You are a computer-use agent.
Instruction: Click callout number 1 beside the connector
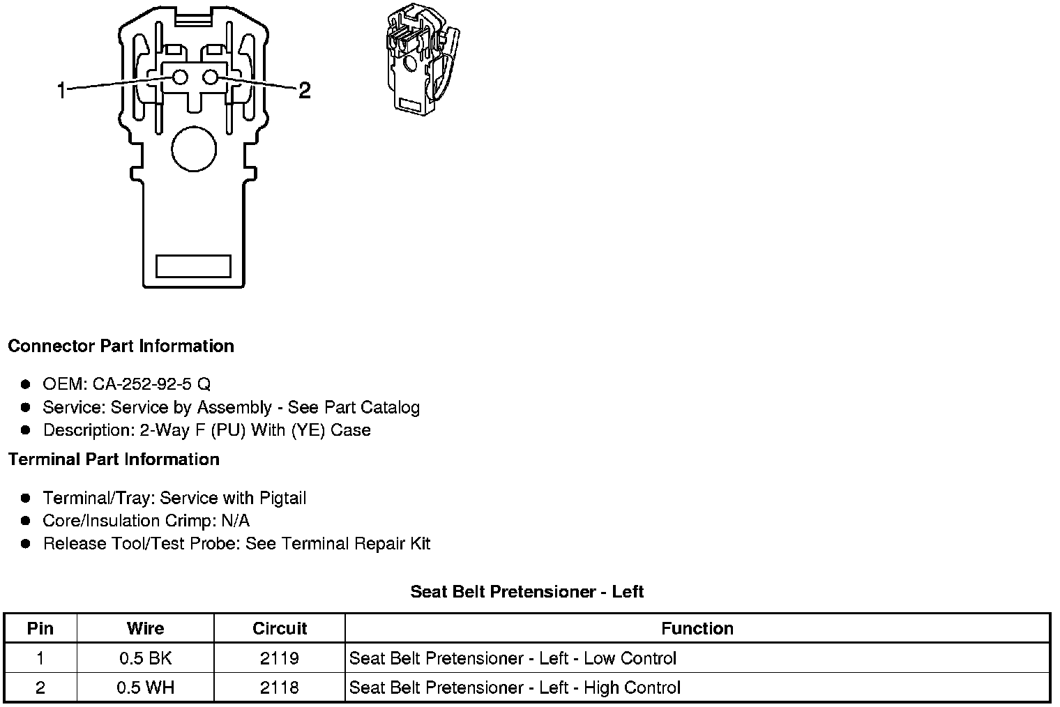coord(61,90)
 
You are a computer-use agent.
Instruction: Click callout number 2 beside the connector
coord(304,90)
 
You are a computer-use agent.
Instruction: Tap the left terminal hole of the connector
coord(180,77)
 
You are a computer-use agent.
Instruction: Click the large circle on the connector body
coord(194,149)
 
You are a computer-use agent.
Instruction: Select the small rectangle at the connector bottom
coord(193,266)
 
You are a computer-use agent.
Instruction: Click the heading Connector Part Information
coord(121,347)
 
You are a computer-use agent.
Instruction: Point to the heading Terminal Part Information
coord(114,459)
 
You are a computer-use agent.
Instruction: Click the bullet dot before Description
coord(26,430)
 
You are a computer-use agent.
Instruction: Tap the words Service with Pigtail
coord(233,499)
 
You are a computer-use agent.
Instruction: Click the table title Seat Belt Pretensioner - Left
coord(527,592)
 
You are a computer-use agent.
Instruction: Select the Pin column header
coord(40,628)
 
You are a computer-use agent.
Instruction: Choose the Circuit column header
coord(280,628)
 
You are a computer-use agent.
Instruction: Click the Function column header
coord(697,628)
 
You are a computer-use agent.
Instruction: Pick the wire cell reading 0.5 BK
coord(145,658)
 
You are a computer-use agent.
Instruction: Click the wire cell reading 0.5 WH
coord(145,687)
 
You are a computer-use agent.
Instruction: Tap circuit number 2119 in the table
coord(280,658)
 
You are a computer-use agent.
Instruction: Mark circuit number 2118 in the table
coord(280,687)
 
